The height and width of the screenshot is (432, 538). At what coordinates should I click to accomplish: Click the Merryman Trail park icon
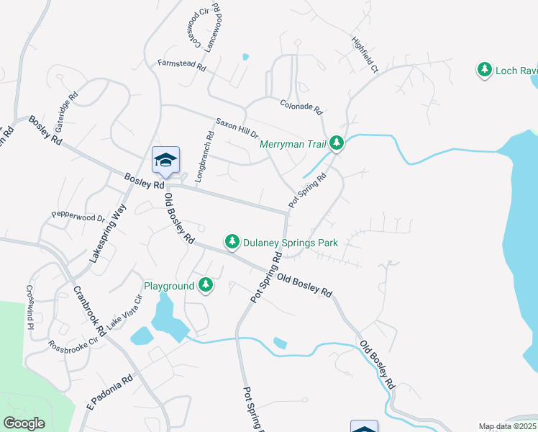tap(337, 144)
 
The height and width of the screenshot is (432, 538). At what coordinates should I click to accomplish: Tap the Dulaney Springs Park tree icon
tap(232, 242)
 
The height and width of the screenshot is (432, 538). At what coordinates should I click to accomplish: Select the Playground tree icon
tap(206, 286)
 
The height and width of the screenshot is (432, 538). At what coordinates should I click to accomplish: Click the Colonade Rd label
tap(300, 106)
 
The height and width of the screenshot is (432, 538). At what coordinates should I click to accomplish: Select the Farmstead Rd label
tap(182, 64)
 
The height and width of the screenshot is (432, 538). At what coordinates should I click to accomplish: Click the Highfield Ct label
tap(364, 55)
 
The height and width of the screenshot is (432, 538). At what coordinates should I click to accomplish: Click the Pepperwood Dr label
tap(78, 215)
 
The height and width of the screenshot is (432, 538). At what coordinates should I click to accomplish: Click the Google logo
tap(24, 423)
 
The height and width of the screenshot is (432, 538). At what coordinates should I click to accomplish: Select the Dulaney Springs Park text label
tap(291, 243)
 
